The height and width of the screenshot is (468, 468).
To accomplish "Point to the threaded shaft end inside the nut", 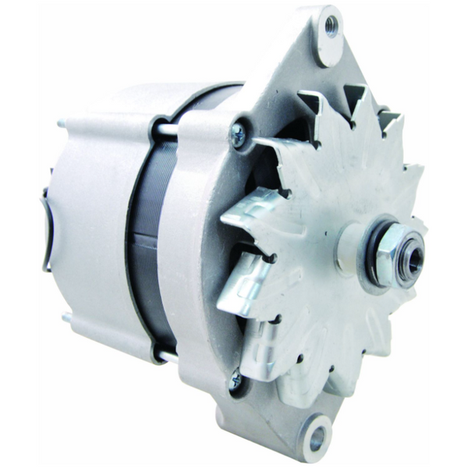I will [411, 255].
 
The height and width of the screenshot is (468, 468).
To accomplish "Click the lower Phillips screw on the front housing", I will [235, 380].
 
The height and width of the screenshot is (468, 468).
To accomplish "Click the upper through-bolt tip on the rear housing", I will [60, 124].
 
